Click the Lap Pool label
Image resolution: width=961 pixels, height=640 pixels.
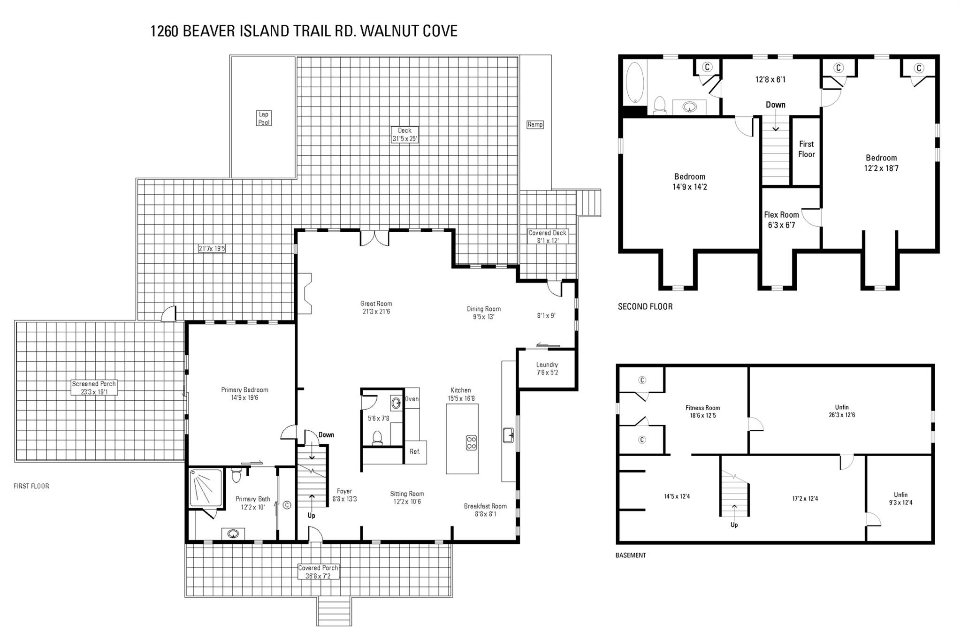(x=264, y=118)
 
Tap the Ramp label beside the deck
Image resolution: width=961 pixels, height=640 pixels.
(x=535, y=124)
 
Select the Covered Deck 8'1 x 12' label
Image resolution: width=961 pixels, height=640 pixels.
(x=547, y=236)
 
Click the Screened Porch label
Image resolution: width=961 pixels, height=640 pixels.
(x=94, y=388)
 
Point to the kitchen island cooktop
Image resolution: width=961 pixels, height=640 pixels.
(x=471, y=442)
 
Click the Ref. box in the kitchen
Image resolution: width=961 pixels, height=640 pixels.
(x=415, y=452)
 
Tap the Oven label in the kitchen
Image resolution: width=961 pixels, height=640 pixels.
(x=412, y=399)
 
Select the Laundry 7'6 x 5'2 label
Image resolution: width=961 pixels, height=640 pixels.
(x=547, y=368)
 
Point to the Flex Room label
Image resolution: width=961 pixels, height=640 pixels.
(x=781, y=220)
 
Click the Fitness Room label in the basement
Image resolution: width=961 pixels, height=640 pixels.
(x=702, y=411)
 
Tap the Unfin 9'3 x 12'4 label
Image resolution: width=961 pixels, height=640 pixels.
(x=900, y=498)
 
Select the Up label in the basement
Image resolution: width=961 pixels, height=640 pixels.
(x=734, y=525)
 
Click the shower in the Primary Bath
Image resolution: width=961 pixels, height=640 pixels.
(x=206, y=488)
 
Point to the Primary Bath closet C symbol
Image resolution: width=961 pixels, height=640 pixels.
(x=287, y=505)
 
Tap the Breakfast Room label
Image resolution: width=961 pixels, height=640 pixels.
(x=485, y=510)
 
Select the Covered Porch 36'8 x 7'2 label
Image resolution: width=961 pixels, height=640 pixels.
(x=318, y=571)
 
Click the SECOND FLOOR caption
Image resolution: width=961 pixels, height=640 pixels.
(x=645, y=306)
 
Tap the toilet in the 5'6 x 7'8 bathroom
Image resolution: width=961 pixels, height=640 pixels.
(x=377, y=437)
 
